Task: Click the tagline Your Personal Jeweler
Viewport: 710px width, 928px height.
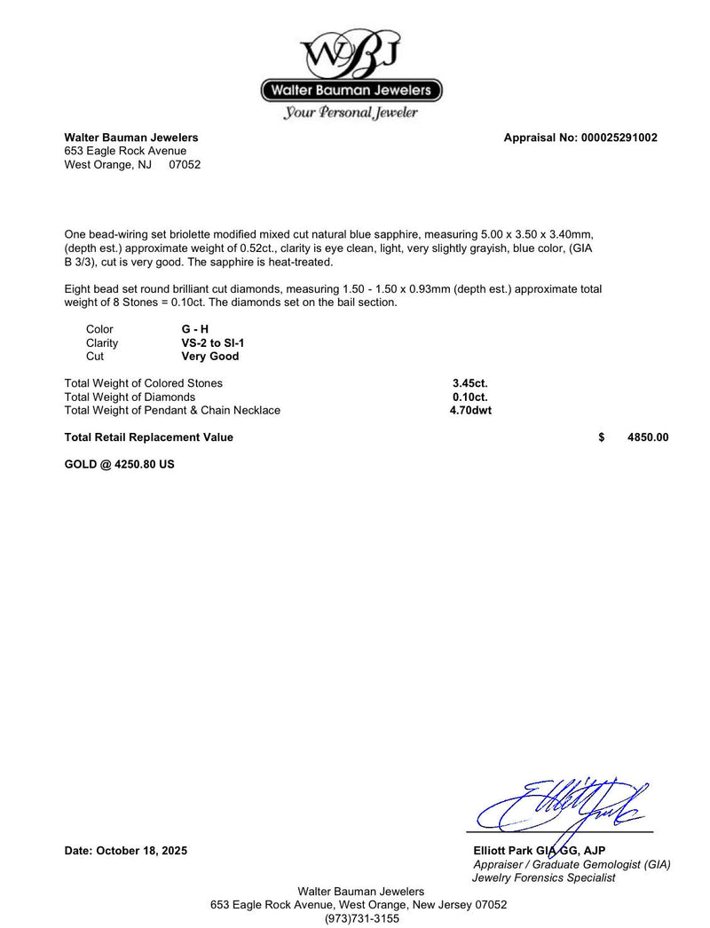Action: click(x=351, y=113)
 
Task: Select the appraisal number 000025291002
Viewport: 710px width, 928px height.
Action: click(x=619, y=138)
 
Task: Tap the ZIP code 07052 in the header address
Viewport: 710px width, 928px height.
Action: click(x=185, y=164)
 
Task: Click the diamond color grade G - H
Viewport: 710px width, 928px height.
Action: click(x=195, y=329)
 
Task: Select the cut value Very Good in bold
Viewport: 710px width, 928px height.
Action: click(x=210, y=356)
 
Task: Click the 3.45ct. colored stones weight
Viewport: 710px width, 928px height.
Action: click(x=470, y=383)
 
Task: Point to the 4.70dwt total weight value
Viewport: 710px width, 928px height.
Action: click(x=470, y=410)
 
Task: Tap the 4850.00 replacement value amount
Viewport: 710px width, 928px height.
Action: click(x=648, y=437)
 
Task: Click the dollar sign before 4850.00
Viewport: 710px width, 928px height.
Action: click(x=602, y=437)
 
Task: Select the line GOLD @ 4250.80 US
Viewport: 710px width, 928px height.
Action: click(x=120, y=464)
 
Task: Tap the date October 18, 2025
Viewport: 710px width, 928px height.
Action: click(x=126, y=851)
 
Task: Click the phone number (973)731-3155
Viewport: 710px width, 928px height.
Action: click(x=361, y=918)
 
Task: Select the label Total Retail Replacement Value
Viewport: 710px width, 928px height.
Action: click(x=149, y=437)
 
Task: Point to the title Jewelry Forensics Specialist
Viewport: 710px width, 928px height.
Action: click(x=544, y=877)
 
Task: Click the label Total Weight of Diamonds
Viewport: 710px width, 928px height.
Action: click(x=130, y=397)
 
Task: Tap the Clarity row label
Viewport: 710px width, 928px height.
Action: click(x=102, y=342)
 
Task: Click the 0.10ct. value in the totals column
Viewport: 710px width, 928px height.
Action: click(x=470, y=397)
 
